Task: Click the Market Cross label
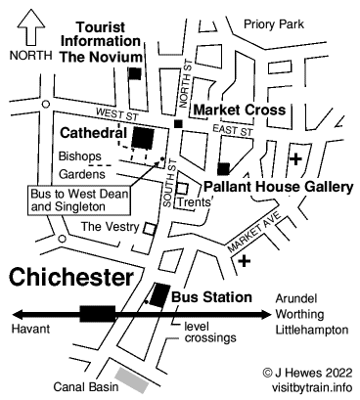tap(239, 109)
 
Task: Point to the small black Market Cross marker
tap(177, 123)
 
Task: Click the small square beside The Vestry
tap(149, 228)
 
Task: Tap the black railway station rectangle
tap(98, 313)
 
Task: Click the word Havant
tap(29, 331)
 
